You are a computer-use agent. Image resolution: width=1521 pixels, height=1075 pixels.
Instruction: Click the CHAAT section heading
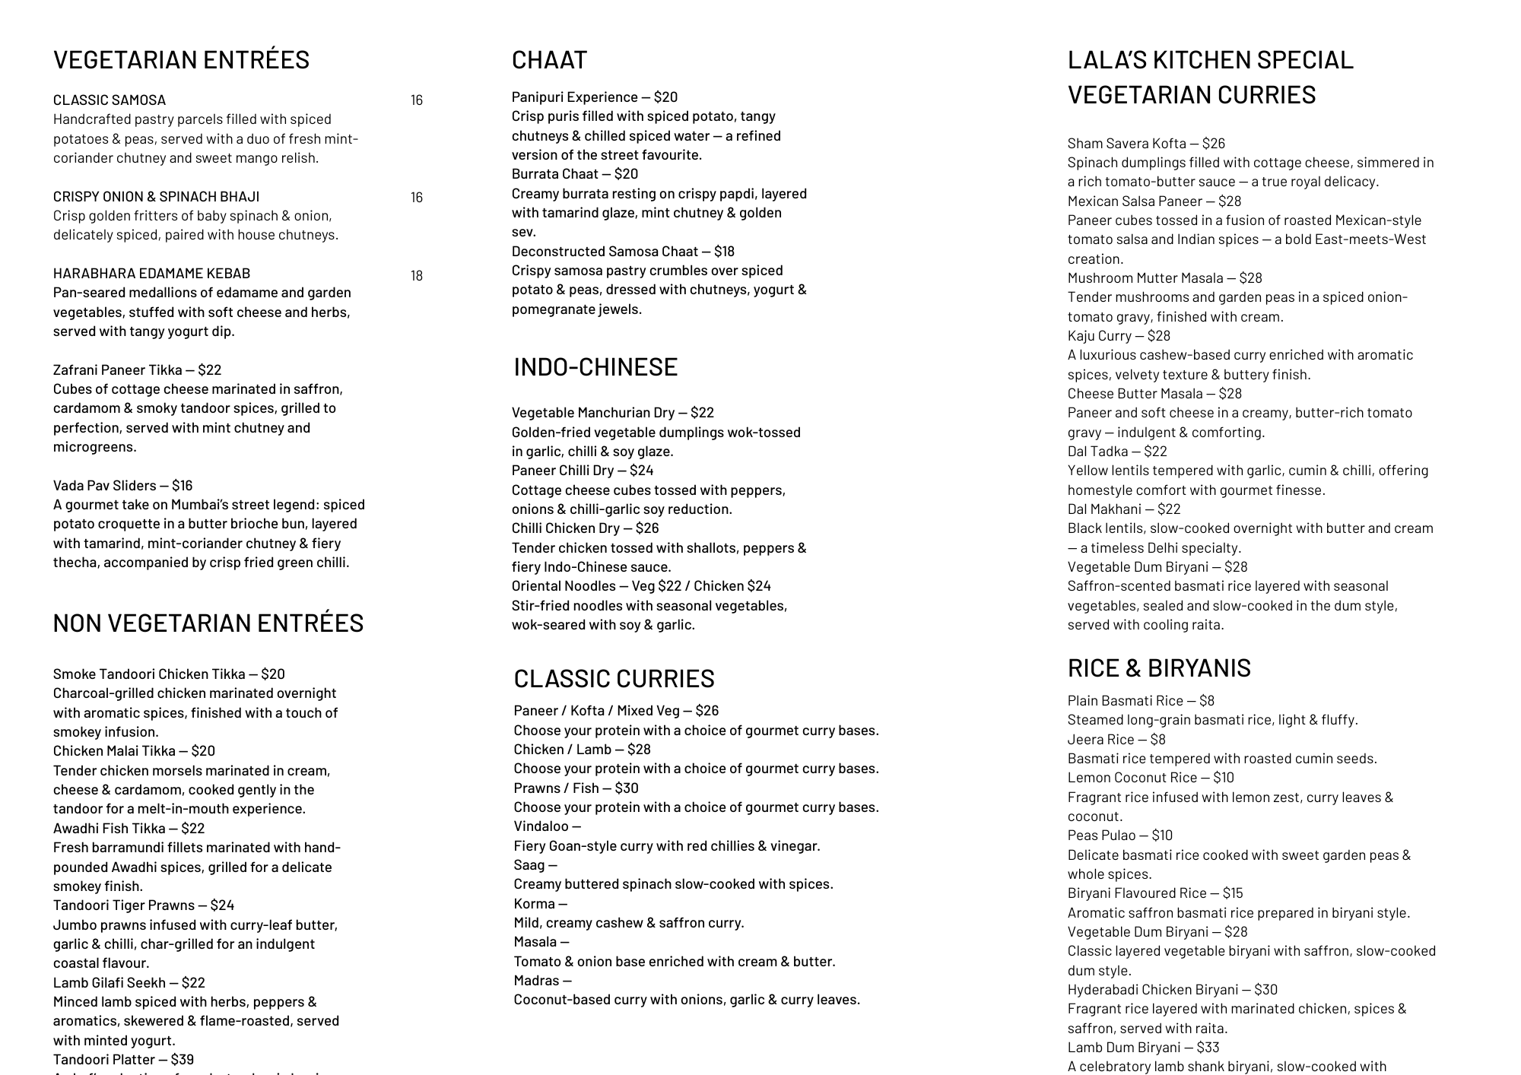(549, 60)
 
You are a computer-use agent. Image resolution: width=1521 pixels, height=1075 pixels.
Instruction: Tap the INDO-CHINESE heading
(595, 367)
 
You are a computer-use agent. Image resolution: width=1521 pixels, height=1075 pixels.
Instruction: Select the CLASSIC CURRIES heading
(614, 678)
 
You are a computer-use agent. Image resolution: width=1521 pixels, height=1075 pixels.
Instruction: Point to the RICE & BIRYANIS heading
(1158, 668)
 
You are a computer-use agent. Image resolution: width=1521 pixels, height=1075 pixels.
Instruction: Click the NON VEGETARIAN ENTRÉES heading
(208, 623)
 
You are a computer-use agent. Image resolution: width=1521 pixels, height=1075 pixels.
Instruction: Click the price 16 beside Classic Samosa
(417, 100)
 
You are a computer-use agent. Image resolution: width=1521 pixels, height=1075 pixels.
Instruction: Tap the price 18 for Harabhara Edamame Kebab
(417, 275)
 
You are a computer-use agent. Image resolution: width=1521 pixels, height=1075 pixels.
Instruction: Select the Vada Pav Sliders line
(122, 486)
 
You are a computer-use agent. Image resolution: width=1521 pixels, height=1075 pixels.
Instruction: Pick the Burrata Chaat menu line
(574, 174)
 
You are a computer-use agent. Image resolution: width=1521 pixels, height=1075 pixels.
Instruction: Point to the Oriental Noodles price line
(640, 586)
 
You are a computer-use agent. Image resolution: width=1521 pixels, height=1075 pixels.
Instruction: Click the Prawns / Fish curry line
(576, 788)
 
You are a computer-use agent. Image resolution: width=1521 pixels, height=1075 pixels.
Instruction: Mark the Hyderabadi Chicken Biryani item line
(1172, 990)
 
